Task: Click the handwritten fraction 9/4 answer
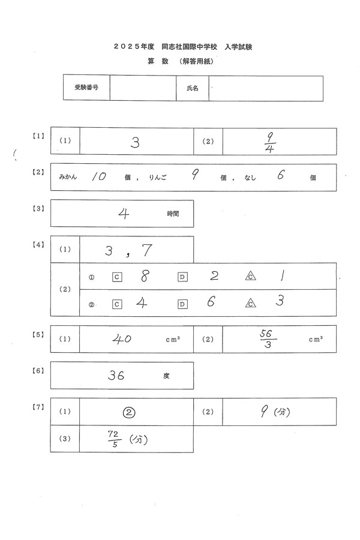[x=269, y=142]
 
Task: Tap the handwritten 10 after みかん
[x=99, y=177]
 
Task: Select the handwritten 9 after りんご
[x=194, y=176]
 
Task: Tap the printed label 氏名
[x=193, y=88]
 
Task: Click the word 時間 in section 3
[x=173, y=213]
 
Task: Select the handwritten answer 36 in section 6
[x=116, y=376]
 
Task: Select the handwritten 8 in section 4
[x=143, y=277]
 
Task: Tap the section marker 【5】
[x=38, y=334]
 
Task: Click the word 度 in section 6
[x=166, y=376]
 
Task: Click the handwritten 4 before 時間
[x=125, y=214]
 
